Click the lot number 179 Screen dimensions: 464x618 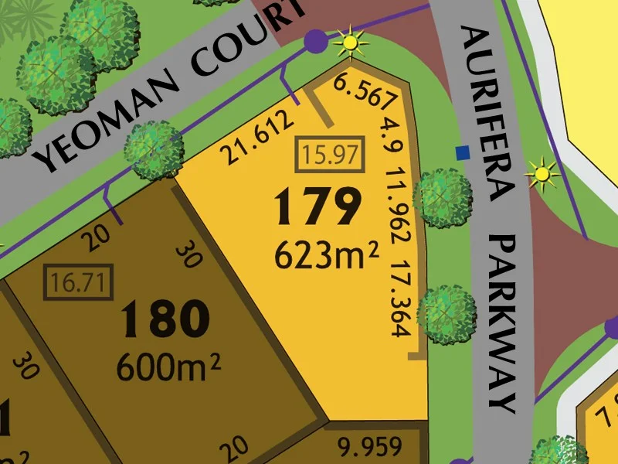pyautogui.click(x=317, y=207)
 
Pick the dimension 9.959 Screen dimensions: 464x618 pyautogui.click(x=372, y=446)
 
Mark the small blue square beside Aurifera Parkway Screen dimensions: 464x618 pyautogui.click(x=463, y=152)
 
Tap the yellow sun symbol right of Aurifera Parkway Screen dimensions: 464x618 pyautogui.click(x=542, y=175)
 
